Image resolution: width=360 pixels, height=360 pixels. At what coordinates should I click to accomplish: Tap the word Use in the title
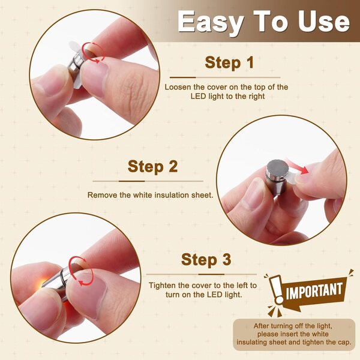(x=324, y=21)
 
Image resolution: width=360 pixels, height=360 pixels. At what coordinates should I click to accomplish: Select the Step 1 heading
(x=229, y=62)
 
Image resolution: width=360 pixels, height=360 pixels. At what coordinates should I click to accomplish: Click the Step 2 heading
(x=152, y=166)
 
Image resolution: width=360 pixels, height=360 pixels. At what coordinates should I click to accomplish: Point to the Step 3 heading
(x=206, y=260)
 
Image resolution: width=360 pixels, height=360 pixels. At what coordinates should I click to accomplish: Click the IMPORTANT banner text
(x=314, y=290)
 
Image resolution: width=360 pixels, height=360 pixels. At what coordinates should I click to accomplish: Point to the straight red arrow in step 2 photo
(x=298, y=166)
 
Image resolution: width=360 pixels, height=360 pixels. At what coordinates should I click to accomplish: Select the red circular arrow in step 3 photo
(x=80, y=271)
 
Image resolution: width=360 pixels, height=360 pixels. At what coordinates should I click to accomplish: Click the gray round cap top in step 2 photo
(x=278, y=169)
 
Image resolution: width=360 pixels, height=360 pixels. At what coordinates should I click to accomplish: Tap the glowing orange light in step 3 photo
(x=43, y=283)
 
